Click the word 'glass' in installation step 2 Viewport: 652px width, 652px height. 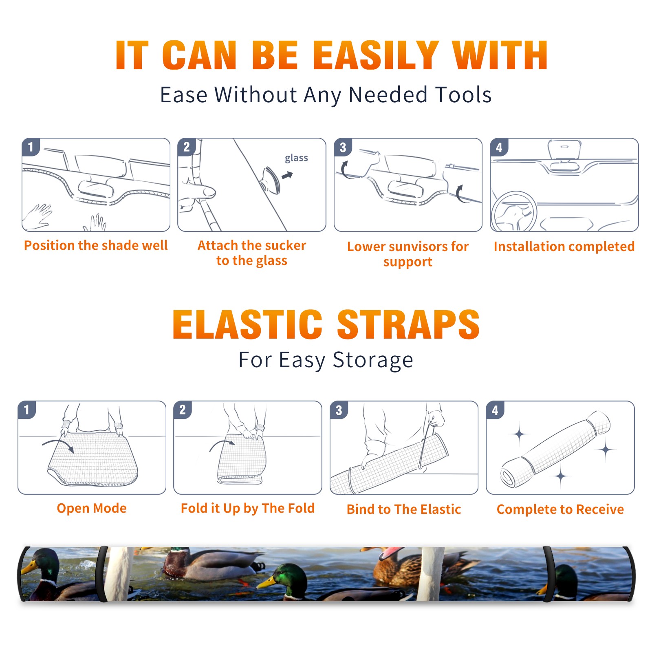[296, 158]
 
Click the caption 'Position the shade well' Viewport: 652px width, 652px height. [96, 245]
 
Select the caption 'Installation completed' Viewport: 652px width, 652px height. [564, 246]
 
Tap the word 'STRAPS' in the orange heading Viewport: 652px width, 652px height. [408, 324]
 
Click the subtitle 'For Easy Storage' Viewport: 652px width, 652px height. [326, 360]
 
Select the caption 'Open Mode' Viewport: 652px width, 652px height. [92, 508]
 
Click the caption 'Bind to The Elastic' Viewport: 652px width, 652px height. [404, 509]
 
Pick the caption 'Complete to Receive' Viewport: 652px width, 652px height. [560, 509]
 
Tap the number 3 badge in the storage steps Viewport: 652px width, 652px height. [339, 410]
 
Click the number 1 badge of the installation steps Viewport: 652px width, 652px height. [31, 147]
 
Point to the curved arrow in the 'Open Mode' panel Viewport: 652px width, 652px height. [59, 442]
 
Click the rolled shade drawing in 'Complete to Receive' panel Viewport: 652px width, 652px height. [555, 449]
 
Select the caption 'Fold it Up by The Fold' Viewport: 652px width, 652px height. [248, 508]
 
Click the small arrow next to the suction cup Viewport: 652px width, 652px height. [287, 176]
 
